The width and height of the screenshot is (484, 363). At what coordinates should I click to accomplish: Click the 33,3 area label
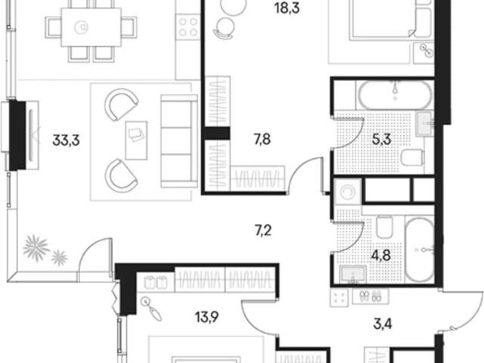66,140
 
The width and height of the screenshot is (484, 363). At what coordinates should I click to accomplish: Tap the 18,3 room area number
287,8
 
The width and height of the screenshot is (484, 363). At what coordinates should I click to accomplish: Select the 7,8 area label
262,139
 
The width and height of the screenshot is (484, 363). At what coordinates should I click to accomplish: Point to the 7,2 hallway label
263,230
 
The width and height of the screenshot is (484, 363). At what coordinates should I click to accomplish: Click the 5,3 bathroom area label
381,139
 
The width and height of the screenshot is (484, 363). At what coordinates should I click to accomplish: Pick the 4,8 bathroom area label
381,256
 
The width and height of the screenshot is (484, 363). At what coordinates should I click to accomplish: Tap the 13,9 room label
206,316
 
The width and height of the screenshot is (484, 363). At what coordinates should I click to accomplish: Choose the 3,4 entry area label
383,324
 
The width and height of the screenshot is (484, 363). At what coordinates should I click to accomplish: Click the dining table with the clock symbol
91,27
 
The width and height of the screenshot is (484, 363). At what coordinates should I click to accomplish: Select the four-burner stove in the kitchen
188,27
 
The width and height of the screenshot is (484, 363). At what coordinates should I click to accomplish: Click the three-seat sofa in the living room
179,141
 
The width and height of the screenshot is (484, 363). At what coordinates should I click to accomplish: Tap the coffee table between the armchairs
136,140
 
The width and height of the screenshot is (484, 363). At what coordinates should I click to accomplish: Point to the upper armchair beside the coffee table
120,104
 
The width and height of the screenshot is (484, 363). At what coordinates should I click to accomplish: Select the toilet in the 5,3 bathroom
411,157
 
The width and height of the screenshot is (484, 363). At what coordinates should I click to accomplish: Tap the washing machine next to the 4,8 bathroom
348,192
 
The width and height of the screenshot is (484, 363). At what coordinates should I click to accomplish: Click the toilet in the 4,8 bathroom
385,227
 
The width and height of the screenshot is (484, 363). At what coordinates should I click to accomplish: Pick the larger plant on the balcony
36,248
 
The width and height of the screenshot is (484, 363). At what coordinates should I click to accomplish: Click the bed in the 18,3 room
383,19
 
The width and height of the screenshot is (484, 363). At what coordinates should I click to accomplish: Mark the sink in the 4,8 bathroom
353,274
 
